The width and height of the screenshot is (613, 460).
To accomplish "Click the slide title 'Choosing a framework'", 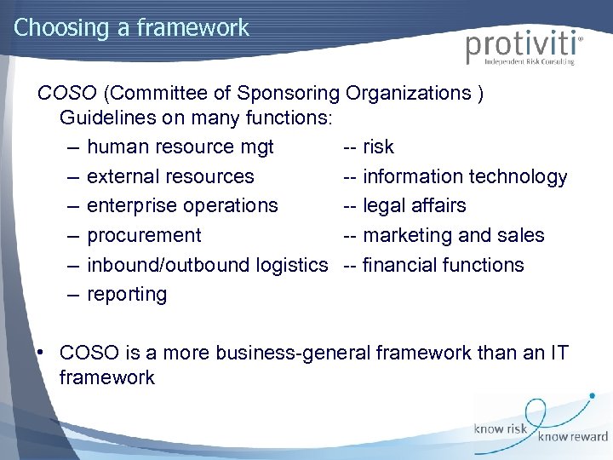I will point(132,27).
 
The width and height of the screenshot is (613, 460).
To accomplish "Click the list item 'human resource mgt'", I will point(180,147).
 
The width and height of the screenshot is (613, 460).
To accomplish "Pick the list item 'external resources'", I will point(170,177).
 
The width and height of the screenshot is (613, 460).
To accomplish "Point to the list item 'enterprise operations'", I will point(182,206).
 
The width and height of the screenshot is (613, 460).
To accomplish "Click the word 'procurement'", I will point(144,236).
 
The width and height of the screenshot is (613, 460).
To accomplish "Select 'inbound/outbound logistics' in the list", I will point(208,265).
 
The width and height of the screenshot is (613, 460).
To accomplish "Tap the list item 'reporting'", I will point(127,295).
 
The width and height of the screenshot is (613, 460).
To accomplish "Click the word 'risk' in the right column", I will point(378,147).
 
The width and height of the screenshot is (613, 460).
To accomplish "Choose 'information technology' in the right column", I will point(465,177).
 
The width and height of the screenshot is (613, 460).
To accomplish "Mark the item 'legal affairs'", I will point(414,206).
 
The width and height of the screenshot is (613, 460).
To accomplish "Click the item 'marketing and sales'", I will point(453,236).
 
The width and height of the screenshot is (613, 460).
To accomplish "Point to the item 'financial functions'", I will point(443,265).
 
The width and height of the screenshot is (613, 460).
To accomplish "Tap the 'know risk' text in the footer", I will point(501,429).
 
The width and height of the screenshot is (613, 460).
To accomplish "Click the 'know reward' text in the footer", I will point(572,437).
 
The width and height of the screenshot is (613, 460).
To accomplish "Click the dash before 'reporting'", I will point(72,295).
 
